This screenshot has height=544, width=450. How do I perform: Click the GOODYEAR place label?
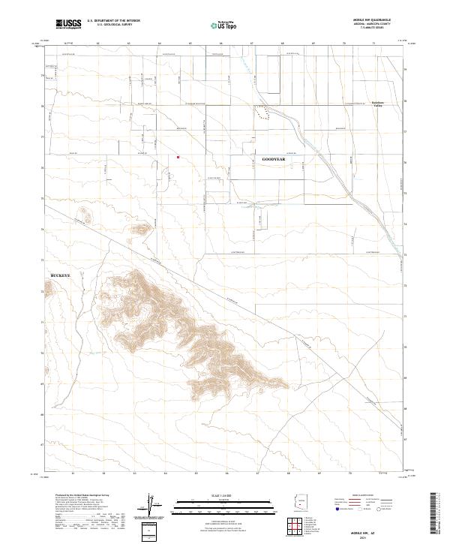(x=274, y=160)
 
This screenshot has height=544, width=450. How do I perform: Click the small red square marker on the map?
(x=178, y=157)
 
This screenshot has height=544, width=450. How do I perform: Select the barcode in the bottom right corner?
(x=437, y=515)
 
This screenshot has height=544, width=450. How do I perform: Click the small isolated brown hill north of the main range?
(x=84, y=218)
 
